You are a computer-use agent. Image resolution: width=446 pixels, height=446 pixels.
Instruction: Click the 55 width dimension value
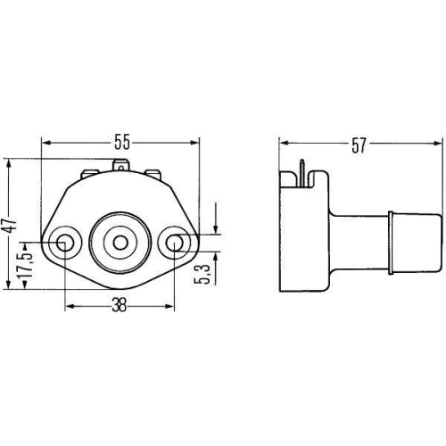(x=122, y=142)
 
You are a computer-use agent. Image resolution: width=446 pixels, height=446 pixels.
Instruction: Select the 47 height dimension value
(x=12, y=225)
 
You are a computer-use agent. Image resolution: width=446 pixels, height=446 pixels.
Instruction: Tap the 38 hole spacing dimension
(x=119, y=305)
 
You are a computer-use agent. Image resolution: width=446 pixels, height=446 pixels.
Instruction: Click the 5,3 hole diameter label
(x=202, y=274)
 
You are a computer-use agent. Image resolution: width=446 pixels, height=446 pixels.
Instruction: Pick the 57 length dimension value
(x=359, y=145)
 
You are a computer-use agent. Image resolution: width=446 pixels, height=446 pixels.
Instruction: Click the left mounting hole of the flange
(x=64, y=243)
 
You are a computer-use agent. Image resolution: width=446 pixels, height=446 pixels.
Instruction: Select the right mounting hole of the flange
(x=174, y=243)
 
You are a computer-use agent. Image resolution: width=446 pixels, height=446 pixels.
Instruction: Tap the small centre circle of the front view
(x=120, y=243)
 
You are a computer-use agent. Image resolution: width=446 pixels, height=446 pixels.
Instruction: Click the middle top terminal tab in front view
(x=120, y=166)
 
